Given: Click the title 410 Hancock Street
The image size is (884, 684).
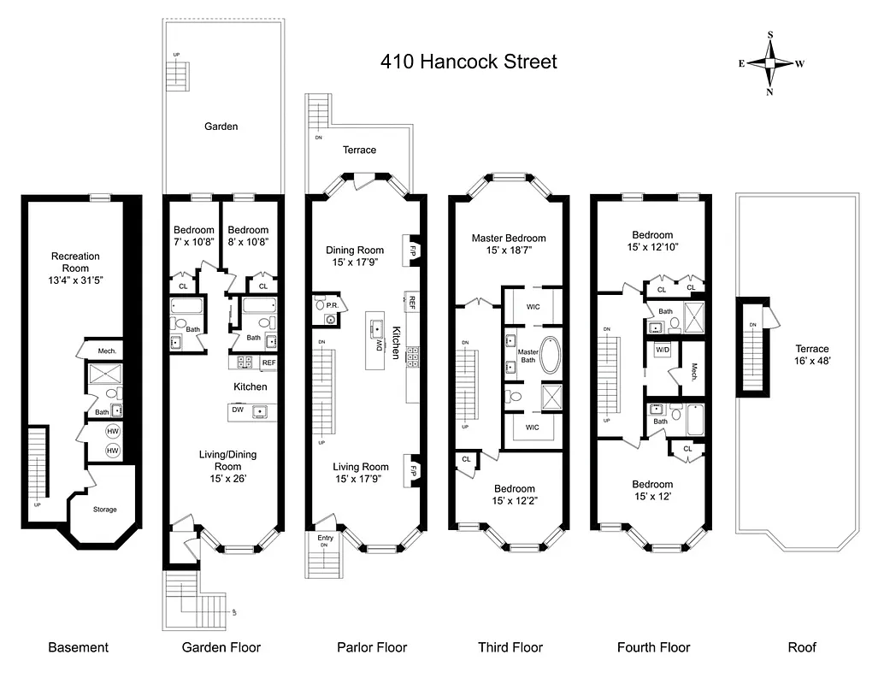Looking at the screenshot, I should [469, 62].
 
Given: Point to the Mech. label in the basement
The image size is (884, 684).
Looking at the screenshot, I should [107, 351].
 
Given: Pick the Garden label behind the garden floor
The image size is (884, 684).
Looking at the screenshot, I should [221, 127].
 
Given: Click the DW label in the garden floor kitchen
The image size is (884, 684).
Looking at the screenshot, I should [238, 410].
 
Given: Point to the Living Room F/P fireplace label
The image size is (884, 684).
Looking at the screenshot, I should [412, 470].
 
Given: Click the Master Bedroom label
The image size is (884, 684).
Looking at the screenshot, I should [509, 239].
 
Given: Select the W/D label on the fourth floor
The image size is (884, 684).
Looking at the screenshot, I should [663, 350].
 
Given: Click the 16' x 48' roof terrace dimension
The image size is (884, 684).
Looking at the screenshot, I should [811, 361].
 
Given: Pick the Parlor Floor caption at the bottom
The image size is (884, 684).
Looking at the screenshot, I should [372, 647].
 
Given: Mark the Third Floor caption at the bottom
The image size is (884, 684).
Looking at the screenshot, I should [510, 647].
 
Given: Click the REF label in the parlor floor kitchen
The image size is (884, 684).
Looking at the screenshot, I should [411, 302].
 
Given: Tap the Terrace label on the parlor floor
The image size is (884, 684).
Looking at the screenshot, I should [359, 150].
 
